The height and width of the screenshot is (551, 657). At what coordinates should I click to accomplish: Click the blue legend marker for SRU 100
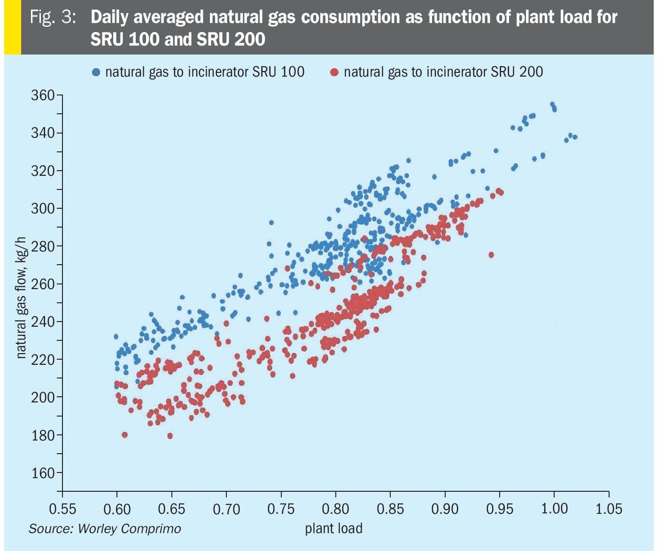click(96, 72)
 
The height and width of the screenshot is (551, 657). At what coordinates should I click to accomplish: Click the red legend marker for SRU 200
click(335, 72)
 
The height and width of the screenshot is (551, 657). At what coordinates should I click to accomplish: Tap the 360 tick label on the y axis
click(43, 95)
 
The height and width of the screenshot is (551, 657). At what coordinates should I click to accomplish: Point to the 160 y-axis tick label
click(43, 473)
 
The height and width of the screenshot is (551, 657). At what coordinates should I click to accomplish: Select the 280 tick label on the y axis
click(43, 246)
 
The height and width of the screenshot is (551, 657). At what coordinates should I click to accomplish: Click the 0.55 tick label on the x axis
click(62, 509)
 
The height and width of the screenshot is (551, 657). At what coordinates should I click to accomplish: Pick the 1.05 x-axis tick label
click(609, 509)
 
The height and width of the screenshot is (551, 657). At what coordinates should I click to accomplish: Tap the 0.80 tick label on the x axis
click(335, 509)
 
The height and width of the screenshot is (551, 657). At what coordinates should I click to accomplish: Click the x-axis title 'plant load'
click(334, 528)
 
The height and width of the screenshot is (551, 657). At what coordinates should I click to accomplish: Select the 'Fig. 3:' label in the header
click(53, 17)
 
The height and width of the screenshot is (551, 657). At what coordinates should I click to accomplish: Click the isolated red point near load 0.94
click(491, 255)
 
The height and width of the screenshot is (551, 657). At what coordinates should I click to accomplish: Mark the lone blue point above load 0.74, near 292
click(271, 223)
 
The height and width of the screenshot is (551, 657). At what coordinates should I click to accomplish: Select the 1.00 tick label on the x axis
click(554, 509)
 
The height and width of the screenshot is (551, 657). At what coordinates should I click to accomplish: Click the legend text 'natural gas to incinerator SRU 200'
click(443, 72)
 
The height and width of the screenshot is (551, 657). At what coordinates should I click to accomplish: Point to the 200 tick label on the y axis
click(43, 397)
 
